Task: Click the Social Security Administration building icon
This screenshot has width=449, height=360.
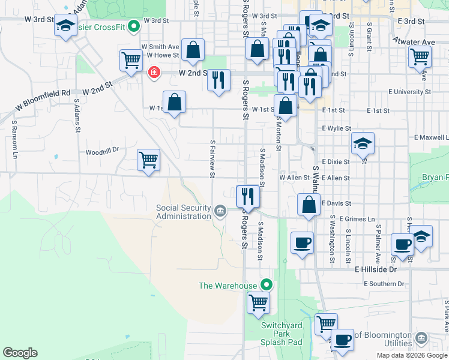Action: (220, 211)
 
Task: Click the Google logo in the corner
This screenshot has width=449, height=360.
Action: (20, 353)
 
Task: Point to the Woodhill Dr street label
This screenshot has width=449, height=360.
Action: (103, 151)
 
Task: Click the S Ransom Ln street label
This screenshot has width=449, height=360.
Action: (14, 139)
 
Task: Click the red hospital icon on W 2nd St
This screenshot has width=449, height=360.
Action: (154, 73)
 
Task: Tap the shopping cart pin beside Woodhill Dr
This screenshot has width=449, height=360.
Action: (148, 160)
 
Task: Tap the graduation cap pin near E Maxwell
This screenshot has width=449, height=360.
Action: (363, 143)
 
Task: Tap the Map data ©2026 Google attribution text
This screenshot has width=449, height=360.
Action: (411, 355)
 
